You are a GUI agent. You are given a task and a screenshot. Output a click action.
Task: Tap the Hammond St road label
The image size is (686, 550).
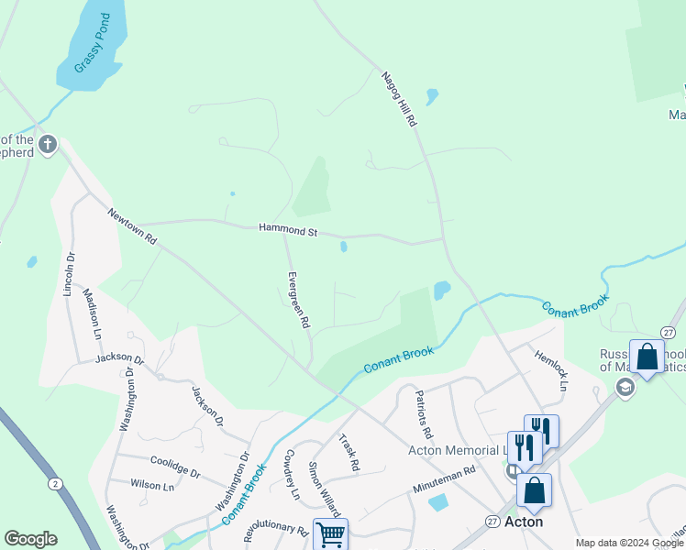tap(287, 230)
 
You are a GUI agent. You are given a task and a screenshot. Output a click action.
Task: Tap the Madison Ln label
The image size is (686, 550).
tap(93, 313)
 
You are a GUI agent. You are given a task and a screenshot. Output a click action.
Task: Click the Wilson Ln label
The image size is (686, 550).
tap(152, 485)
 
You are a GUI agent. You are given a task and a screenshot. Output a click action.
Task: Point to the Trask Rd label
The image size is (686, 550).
tap(349, 453)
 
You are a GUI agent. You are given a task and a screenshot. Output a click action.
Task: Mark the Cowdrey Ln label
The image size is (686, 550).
tap(292, 474)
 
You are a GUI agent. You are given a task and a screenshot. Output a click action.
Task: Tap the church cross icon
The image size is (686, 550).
tap(48, 144)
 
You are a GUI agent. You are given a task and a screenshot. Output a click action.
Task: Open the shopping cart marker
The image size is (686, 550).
tap(330, 533)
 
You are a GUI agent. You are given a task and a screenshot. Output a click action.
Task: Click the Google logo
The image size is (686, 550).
tap(30, 539)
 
